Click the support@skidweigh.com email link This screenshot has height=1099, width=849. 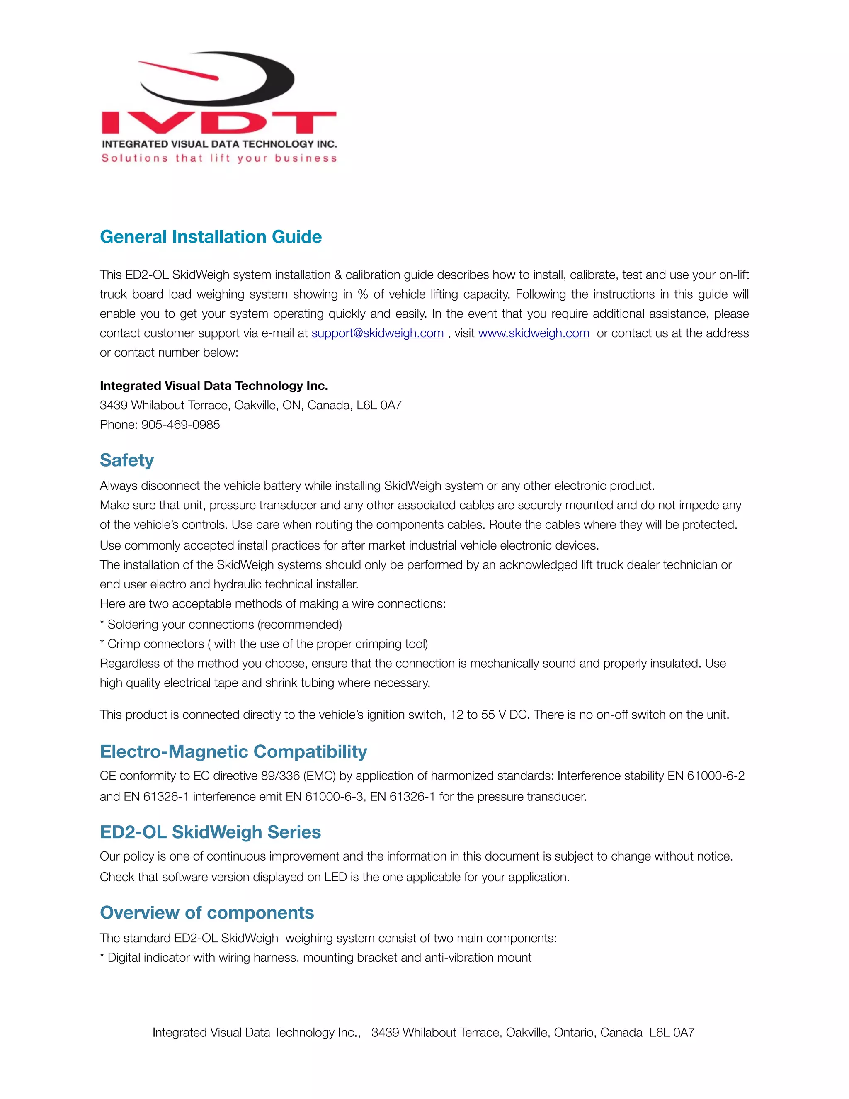point(377,333)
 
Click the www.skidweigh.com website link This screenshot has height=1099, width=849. point(533,333)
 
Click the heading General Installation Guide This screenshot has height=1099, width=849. point(211,237)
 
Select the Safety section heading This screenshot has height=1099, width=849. point(127,460)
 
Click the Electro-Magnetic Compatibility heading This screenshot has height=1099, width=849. point(233,751)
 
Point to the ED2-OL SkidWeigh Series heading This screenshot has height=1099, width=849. point(210,832)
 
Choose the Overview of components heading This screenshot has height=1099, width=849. point(207,912)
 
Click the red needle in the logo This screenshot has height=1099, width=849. point(179,71)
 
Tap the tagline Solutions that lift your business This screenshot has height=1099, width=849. point(219,158)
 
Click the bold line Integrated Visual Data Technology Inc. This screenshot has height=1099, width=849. point(214,386)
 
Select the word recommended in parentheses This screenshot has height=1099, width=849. point(300,625)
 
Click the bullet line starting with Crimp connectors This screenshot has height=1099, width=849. point(264,644)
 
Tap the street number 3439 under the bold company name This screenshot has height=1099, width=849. point(113,406)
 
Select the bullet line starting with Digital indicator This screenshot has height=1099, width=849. point(315,958)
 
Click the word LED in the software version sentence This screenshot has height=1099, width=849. point(335,877)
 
